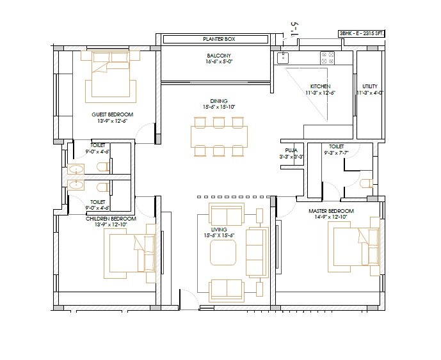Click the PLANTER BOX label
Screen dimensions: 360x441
click(216, 40)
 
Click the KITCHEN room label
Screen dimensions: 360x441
click(320, 86)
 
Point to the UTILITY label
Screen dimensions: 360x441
click(369, 86)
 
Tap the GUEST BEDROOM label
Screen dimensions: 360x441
click(108, 114)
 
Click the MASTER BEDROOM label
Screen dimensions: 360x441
click(327, 210)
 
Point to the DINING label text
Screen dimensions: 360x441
click(218, 101)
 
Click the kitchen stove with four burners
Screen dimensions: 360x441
click(328, 58)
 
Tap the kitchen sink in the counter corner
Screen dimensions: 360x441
click(282, 58)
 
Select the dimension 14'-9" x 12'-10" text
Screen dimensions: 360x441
click(327, 217)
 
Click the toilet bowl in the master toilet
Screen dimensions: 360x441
click(365, 184)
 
